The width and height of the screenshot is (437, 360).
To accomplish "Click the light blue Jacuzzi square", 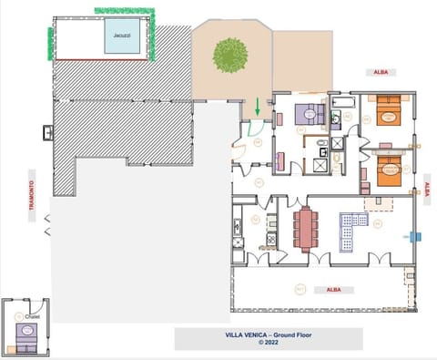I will [x=121, y=36].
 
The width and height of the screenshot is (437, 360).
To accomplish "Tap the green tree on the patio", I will [x=228, y=55].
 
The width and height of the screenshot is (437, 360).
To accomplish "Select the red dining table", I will [x=303, y=228].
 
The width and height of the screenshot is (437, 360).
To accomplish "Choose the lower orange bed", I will [x=387, y=170].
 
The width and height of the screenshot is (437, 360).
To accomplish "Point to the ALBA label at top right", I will [x=380, y=70].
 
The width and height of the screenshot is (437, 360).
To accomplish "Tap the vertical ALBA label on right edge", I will [x=429, y=190].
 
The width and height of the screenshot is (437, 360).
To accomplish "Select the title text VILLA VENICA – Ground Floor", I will [x=268, y=335].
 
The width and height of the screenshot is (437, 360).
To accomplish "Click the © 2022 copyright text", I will [x=268, y=344].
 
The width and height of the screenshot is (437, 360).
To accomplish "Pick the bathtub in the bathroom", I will [x=343, y=116].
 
